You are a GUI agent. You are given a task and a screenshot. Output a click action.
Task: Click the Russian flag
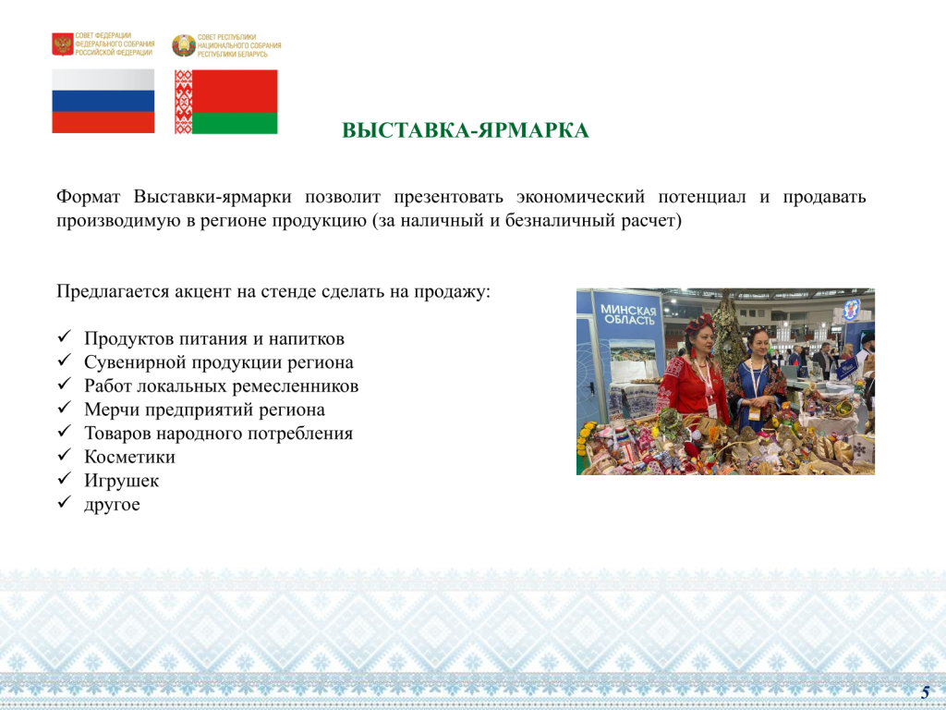(x=103, y=101)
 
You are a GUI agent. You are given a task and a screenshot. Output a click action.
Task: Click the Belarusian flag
(x=225, y=102)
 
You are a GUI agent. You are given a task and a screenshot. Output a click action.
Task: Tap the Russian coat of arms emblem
(x=63, y=44)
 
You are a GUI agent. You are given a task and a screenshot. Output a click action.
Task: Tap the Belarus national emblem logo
(x=184, y=45)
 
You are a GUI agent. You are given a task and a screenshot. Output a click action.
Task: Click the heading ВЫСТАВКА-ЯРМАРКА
(x=466, y=130)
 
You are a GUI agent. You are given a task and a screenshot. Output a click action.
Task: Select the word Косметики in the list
(x=129, y=457)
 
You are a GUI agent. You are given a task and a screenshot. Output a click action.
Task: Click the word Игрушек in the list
(x=121, y=481)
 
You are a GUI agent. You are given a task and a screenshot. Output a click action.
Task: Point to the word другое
(x=112, y=504)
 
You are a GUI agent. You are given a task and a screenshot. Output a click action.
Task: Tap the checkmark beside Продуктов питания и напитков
(x=65, y=337)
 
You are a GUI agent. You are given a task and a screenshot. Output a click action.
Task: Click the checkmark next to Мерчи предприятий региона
(x=65, y=408)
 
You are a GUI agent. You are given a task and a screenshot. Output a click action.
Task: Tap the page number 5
(x=925, y=692)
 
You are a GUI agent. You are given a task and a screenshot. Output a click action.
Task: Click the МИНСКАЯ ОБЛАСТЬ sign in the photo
(x=628, y=315)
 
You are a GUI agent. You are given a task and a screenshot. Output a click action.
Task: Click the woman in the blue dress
(x=757, y=377)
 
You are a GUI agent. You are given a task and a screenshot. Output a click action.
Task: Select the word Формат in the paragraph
(x=89, y=197)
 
